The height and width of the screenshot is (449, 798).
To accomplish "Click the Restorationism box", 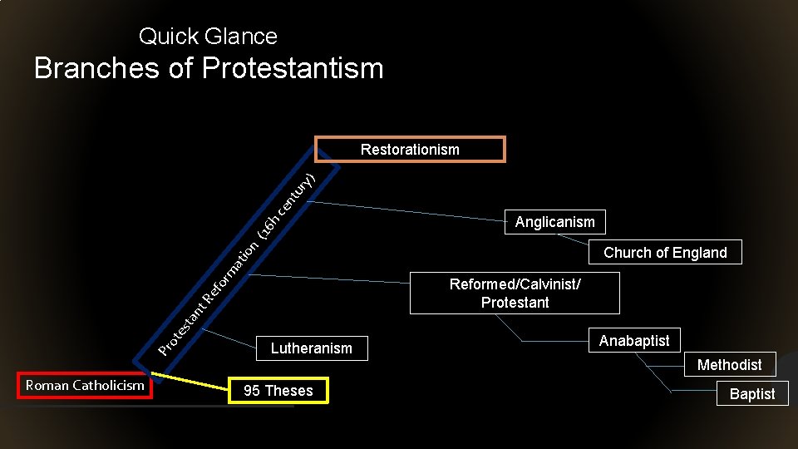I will click(410, 150).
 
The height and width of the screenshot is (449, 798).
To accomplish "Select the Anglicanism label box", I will click(555, 222).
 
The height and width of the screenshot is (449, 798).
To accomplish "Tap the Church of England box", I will click(665, 253).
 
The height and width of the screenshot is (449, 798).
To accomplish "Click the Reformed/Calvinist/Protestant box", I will click(515, 294).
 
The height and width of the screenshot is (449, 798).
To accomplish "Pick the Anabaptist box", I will click(634, 341).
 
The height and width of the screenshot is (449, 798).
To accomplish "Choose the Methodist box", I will click(729, 365).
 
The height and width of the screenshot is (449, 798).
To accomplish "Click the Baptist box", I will click(751, 394).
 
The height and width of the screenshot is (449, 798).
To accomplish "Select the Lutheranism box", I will click(311, 348).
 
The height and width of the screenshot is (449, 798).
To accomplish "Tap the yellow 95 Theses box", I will click(278, 391).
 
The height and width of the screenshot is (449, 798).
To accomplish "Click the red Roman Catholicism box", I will click(85, 386).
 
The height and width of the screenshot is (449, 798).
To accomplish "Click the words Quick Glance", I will click(208, 37).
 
